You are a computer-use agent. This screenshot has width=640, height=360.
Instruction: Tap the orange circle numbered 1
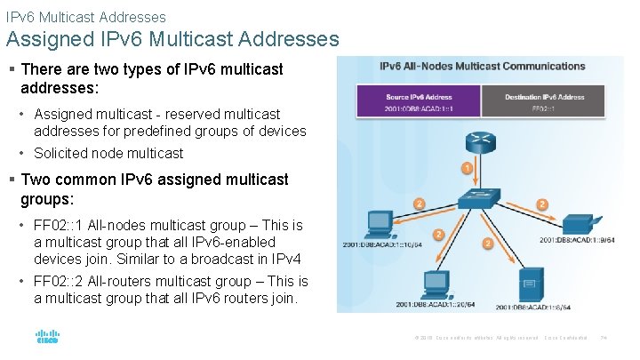tap(468, 168)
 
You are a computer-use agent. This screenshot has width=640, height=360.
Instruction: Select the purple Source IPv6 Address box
tap(419, 102)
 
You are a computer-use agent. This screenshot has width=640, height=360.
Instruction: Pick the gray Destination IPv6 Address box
tap(544, 102)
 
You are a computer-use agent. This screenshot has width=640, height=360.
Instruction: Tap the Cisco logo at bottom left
tap(47, 337)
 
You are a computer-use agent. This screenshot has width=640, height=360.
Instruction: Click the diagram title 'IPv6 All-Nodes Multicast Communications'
tap(483, 67)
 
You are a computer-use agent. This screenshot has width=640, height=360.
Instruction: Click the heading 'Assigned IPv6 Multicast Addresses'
tap(172, 39)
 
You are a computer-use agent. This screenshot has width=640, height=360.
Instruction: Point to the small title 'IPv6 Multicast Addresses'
tap(85, 16)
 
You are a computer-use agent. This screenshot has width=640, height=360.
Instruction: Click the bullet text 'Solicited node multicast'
tap(108, 153)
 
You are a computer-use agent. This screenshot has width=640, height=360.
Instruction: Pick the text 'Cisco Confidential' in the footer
tap(565, 338)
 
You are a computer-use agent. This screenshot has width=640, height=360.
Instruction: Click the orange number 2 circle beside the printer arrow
tap(541, 204)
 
